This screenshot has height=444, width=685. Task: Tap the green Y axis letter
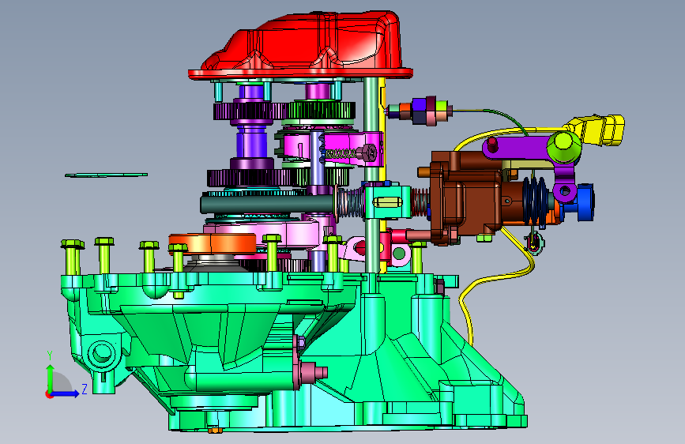coord(50,356)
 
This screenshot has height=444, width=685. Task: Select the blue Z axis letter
coord(85,389)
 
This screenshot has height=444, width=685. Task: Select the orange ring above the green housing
coord(213,244)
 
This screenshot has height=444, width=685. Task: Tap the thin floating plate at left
coord(106,175)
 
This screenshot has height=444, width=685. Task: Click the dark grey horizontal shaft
coord(266,204)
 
